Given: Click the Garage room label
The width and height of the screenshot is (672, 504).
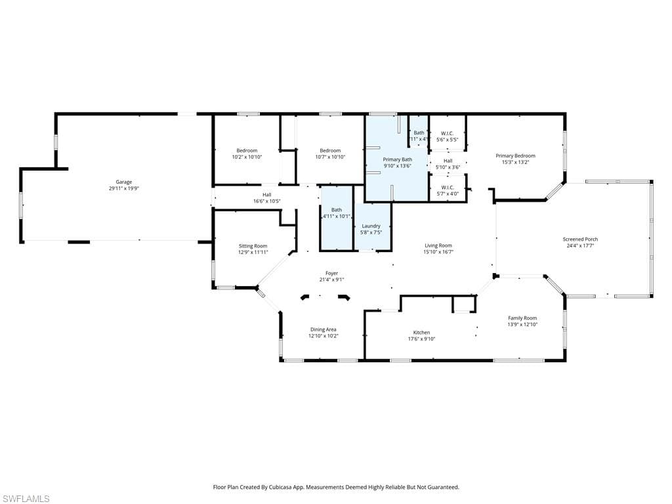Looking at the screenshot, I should point(124,182).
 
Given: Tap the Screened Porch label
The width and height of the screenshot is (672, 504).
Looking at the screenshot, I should point(580,239).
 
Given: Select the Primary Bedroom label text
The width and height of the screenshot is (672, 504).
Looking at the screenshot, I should point(515,156).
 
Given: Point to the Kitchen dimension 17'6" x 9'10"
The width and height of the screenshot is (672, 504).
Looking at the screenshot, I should point(421,339).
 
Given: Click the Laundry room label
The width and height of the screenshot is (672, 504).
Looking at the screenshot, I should point(371,226).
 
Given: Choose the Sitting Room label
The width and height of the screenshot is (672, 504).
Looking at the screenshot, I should point(253,245).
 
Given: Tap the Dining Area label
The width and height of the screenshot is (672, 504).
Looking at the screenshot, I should point(323,329).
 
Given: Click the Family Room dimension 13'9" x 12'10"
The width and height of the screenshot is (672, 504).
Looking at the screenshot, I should point(522,324).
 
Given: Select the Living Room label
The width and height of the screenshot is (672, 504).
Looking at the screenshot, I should point(438,245).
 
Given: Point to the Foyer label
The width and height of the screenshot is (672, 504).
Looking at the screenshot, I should point(331,273).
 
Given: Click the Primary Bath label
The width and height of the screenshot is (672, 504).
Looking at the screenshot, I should point(397,159).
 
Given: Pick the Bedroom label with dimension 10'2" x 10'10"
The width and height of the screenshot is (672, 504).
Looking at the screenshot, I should point(247,150).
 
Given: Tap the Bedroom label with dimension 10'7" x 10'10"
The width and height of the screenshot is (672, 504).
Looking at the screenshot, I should point(330,150).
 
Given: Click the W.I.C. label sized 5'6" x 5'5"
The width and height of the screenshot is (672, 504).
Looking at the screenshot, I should point(447,133).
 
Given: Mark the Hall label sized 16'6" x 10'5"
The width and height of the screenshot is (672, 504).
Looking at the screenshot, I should point(266,194).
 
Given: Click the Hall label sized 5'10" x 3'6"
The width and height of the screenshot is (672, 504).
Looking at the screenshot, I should point(448,161).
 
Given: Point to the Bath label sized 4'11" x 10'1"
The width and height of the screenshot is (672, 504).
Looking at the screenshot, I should point(336,210).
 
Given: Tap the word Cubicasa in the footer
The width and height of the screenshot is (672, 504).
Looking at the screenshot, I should point(295,488).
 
